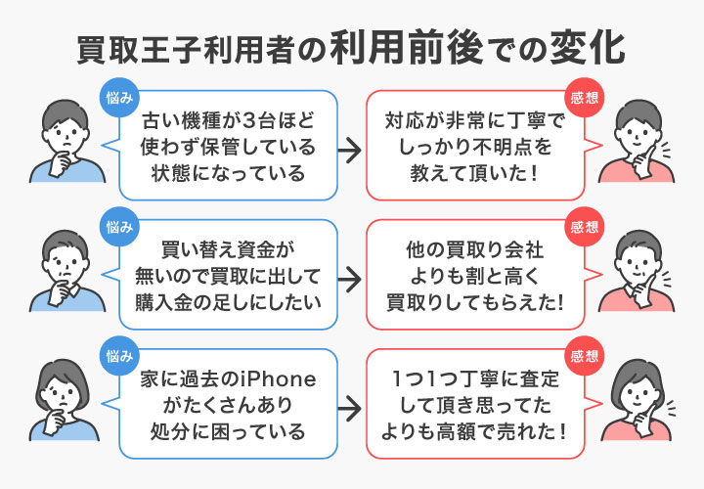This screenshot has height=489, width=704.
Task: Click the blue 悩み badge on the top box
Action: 121,97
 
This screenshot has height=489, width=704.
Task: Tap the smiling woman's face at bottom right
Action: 636,392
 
